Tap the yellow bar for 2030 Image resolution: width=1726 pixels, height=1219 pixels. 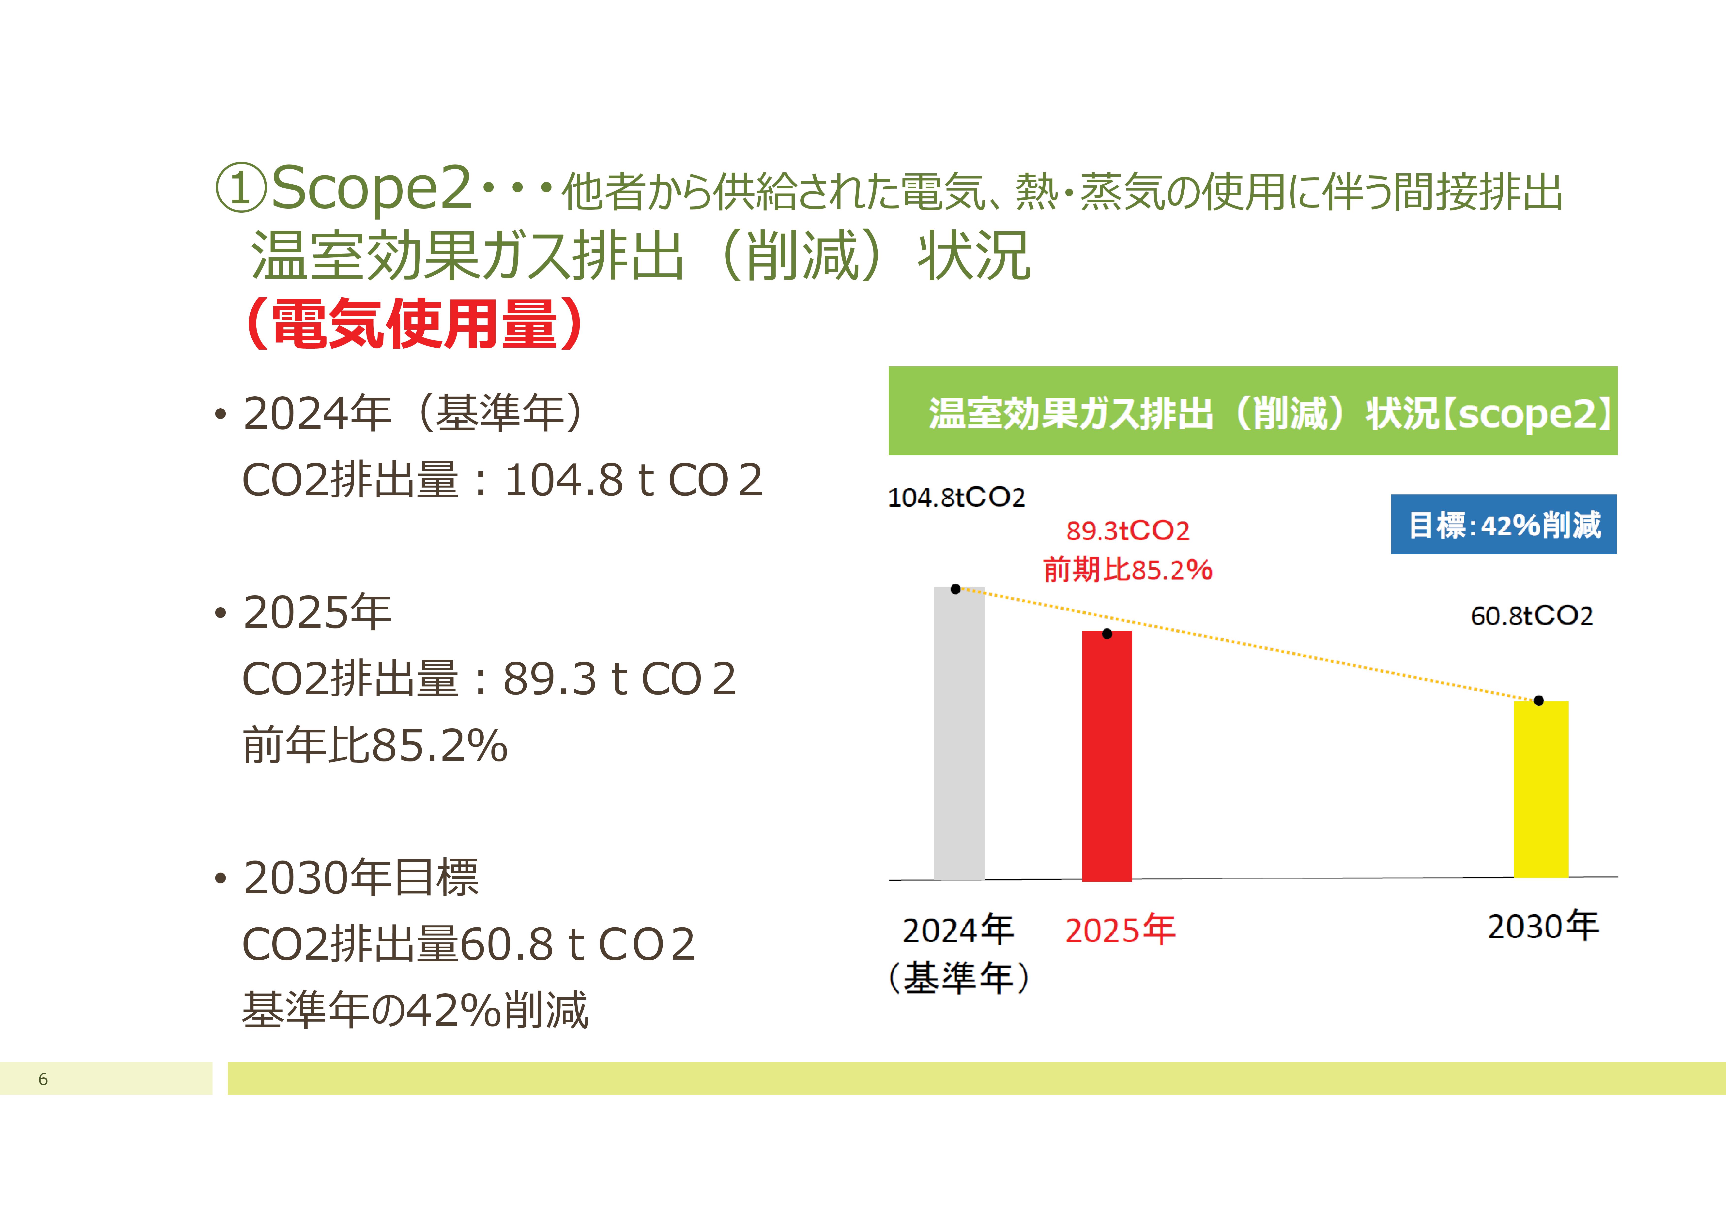click(x=1540, y=789)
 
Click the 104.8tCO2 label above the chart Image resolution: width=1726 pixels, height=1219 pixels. click(x=956, y=498)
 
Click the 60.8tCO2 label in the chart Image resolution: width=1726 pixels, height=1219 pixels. click(x=1531, y=616)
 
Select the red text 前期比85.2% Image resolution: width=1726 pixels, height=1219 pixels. click(x=1128, y=570)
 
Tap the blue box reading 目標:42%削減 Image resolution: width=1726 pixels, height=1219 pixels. click(x=1503, y=525)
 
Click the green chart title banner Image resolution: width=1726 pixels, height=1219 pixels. click(x=1252, y=411)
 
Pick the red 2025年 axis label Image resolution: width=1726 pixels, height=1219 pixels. click(x=1120, y=930)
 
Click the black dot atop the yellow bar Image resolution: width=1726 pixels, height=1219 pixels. click(x=1539, y=700)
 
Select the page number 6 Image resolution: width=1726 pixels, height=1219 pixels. click(x=43, y=1079)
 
